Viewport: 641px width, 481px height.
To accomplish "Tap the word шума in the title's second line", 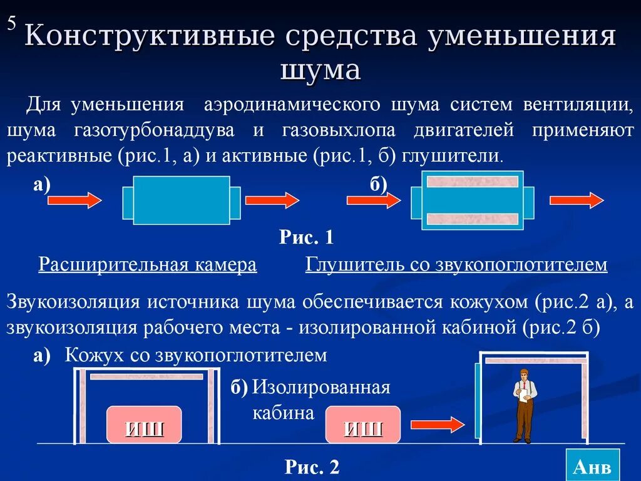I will click(x=320, y=70).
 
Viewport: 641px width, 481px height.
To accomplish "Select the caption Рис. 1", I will click(x=306, y=238).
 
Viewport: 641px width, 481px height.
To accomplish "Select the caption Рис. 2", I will click(x=312, y=466).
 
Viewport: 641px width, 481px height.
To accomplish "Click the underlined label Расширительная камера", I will click(x=148, y=265).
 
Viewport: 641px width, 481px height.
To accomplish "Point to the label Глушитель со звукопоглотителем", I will click(x=456, y=265).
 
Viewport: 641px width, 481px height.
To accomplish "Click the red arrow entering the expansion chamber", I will click(x=74, y=200).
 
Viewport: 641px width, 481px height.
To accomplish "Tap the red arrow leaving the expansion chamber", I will click(x=272, y=200).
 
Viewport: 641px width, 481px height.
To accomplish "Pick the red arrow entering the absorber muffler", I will click(x=374, y=200).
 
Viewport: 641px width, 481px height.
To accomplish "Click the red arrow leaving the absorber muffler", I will click(x=577, y=200).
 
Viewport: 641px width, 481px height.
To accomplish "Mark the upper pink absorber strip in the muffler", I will click(x=473, y=182).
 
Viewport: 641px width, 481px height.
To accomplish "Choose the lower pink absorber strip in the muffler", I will click(x=473, y=219).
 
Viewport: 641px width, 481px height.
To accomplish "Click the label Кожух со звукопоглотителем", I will click(x=195, y=356).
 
